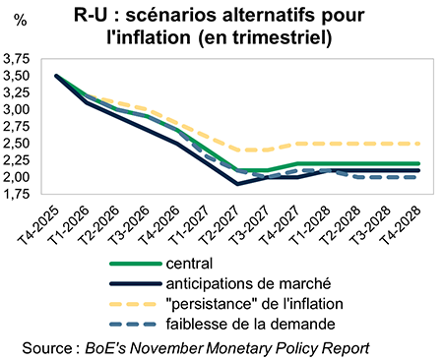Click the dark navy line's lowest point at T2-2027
237,184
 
